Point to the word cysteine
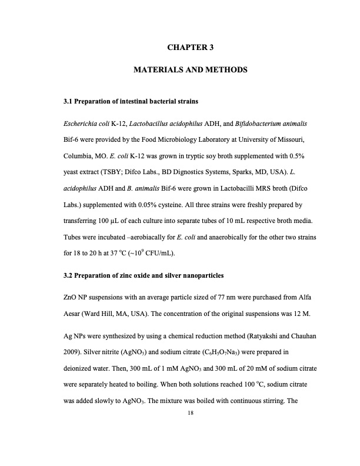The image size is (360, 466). coord(182,206)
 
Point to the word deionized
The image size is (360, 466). coord(82,369)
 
